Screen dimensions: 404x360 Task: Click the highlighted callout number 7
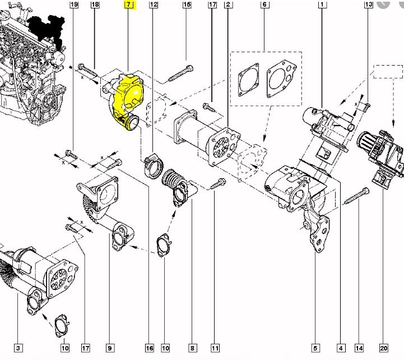(129, 4)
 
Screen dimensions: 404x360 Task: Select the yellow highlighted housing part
(128, 100)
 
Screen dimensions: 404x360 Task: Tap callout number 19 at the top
(74, 4)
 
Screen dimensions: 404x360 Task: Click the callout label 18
(95, 4)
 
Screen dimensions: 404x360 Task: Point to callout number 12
(154, 4)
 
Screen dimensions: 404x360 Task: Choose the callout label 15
(187, 4)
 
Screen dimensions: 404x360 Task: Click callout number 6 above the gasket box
(264, 4)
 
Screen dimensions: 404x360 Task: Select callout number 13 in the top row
(369, 4)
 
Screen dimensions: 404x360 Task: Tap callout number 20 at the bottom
(383, 348)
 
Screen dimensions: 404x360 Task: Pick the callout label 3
(18, 348)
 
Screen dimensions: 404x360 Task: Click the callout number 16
(150, 348)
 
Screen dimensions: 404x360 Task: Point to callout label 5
(315, 348)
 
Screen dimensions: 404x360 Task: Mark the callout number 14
(359, 348)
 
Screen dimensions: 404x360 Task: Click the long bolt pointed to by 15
(181, 73)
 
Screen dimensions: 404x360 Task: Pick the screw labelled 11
(218, 183)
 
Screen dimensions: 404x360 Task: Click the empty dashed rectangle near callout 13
(388, 72)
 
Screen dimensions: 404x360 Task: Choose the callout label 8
(192, 348)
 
